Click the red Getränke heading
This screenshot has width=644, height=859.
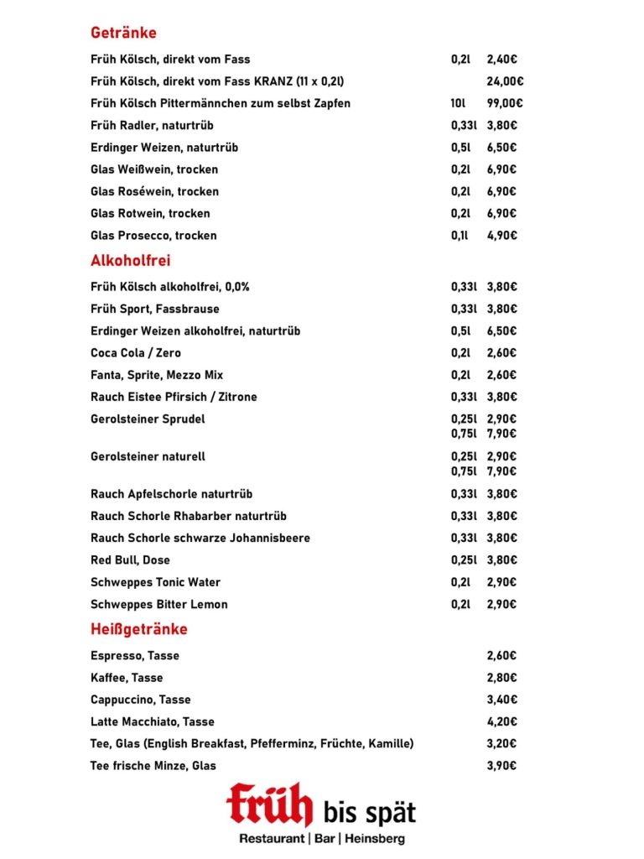coord(123,34)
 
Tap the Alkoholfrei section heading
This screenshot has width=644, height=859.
coord(130,261)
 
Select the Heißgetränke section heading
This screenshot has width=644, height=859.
coord(138,629)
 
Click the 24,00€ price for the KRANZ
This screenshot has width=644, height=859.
coord(505,82)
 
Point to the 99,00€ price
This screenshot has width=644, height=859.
coord(505,104)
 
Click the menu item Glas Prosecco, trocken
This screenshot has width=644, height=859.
coord(153,236)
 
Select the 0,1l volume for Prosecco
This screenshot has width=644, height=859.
coord(460,236)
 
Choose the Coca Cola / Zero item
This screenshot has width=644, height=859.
coord(136,353)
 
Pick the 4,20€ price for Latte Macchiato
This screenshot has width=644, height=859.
coord(501,721)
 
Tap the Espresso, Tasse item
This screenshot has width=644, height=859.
coord(134,656)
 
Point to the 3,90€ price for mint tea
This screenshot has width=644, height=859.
coord(501,765)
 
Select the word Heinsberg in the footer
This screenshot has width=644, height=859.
coord(375,839)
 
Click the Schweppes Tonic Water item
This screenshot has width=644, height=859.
coord(155,582)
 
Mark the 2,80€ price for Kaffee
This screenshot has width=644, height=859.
coord(501,678)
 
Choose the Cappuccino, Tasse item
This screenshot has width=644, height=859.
coord(140,700)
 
